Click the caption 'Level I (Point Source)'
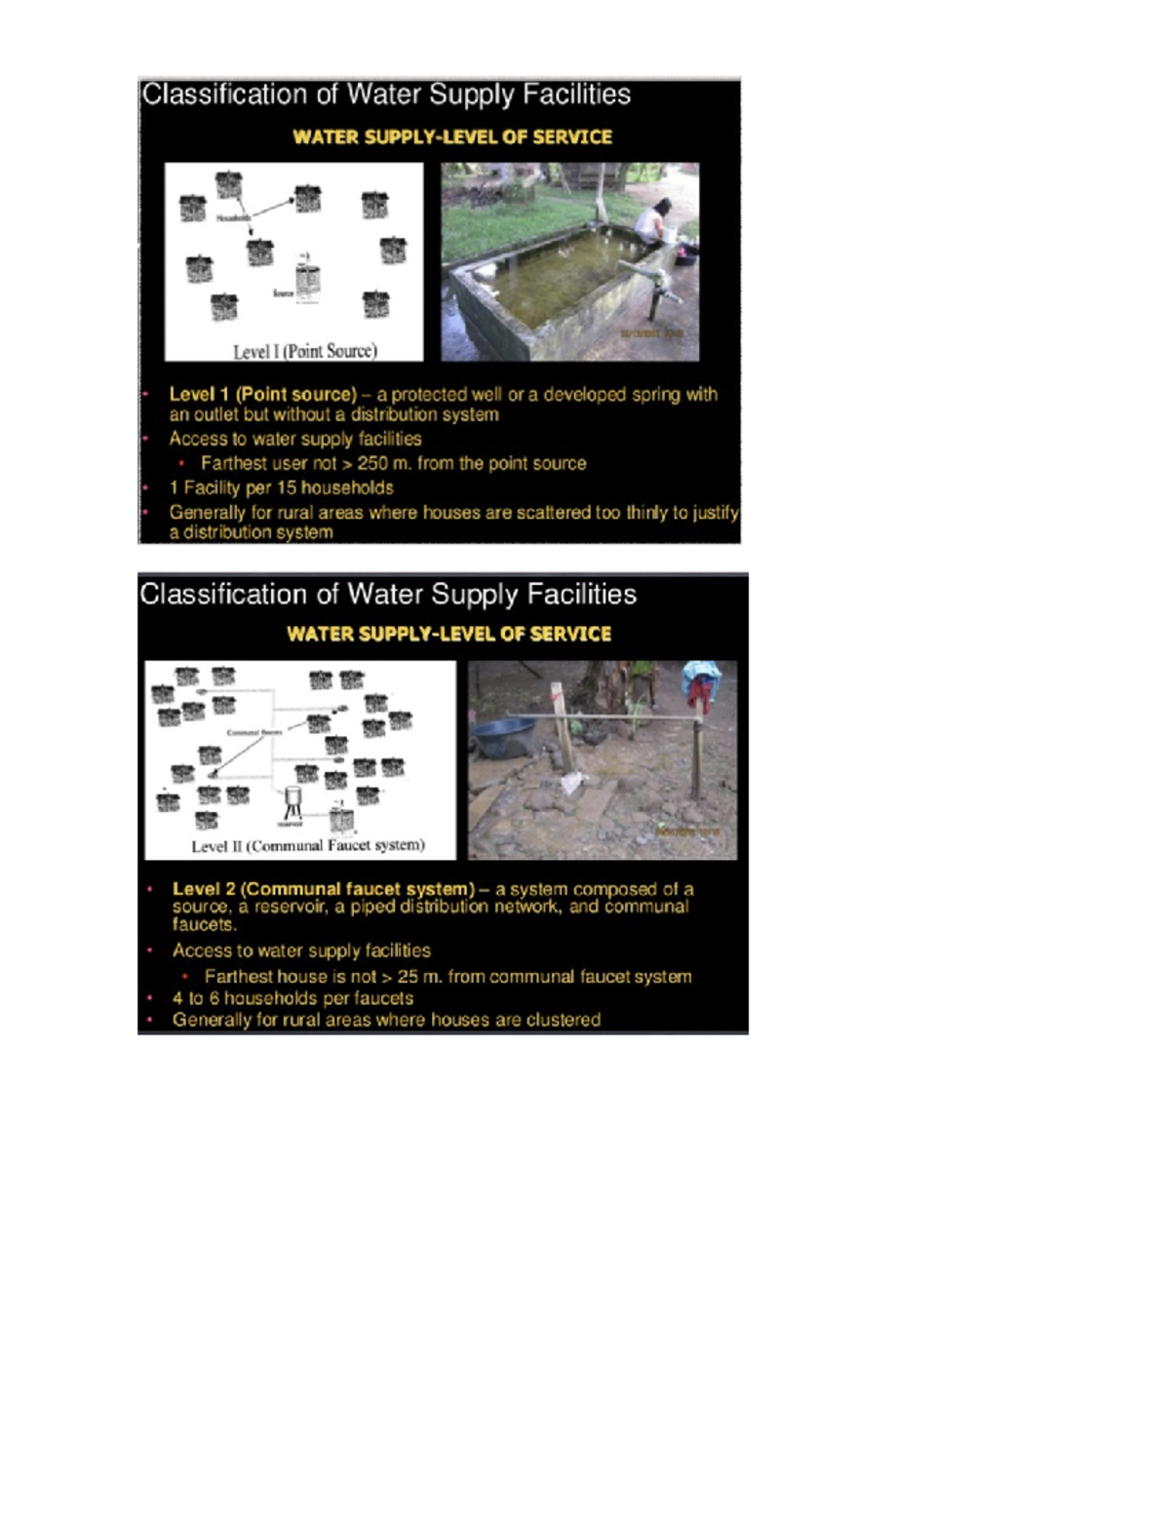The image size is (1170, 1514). point(304,351)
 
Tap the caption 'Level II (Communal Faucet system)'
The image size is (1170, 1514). point(307,845)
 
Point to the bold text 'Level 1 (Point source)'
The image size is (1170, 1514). point(262,394)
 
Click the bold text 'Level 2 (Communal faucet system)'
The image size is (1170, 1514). point(323,889)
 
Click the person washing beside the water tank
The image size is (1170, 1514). point(652,223)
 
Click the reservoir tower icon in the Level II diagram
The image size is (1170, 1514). point(292,801)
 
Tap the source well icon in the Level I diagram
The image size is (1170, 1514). point(308,279)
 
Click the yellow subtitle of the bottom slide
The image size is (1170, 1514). point(448,634)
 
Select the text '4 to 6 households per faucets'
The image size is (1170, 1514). point(292,998)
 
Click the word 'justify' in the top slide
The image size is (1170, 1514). point(716,513)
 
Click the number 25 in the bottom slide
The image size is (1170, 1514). point(408,976)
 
